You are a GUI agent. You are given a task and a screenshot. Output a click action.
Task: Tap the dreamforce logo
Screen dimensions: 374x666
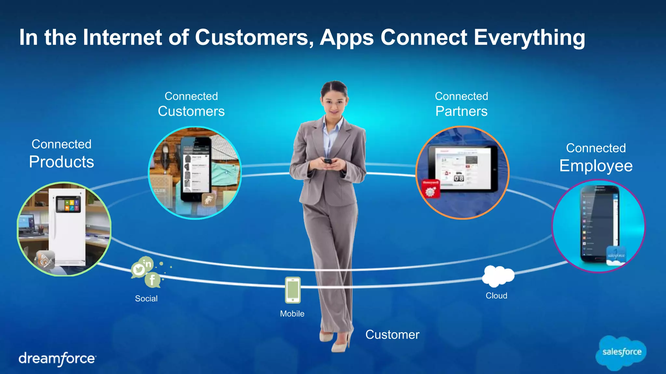57,359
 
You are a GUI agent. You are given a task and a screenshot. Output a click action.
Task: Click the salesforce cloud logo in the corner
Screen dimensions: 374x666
621,353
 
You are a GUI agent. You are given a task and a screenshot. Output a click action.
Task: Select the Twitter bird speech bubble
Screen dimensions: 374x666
139,269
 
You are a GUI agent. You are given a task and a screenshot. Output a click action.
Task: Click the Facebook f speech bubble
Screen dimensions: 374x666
152,280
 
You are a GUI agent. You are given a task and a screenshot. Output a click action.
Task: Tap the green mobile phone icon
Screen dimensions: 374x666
293,290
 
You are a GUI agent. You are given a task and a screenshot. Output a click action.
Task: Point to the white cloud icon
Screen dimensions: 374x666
498,276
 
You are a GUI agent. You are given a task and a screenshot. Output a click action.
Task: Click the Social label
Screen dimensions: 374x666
146,299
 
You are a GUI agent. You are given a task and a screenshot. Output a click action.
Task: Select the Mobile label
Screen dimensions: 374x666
292,314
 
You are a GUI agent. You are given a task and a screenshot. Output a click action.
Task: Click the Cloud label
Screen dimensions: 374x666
496,296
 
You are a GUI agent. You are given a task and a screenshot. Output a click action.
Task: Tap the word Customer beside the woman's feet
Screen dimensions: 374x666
392,335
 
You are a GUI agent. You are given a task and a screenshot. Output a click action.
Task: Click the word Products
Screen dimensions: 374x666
61,162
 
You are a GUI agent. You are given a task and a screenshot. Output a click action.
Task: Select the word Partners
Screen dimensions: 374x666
461,111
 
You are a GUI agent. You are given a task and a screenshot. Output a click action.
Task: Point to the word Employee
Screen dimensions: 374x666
596,166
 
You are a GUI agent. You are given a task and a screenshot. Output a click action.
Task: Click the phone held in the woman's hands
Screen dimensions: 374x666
328,161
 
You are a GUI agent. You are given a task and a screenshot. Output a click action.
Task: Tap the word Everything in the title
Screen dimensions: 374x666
529,37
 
